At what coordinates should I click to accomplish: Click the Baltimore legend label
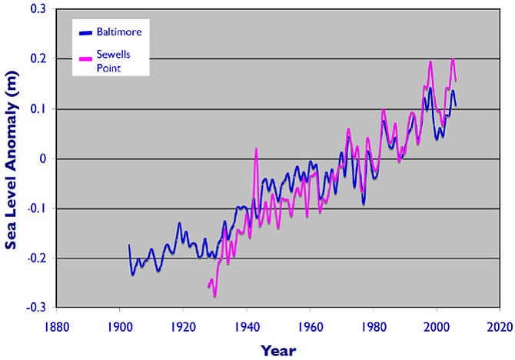[x=120, y=32]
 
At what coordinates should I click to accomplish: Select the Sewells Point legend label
[x=113, y=62]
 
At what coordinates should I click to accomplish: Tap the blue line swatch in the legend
[x=85, y=32]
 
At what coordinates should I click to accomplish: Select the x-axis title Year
[x=277, y=351]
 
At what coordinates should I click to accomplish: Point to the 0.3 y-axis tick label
[x=37, y=9]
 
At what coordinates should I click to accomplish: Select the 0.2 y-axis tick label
[x=37, y=59]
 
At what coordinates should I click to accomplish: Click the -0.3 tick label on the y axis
[x=35, y=307]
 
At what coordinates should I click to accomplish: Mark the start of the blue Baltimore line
[x=129, y=245]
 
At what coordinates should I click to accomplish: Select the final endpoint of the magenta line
[x=456, y=81]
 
